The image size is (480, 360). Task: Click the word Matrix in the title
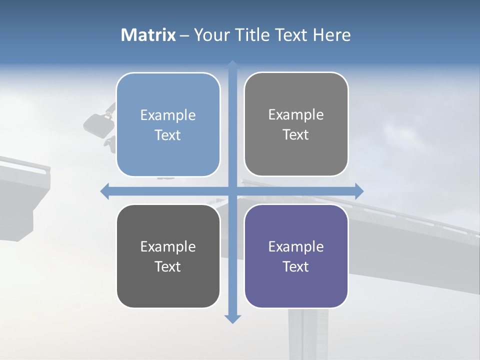coord(148,35)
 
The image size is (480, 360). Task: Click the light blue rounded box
coord(168,124)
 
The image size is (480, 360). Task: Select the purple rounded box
coord(296,256)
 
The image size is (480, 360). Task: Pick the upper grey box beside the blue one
coord(296,124)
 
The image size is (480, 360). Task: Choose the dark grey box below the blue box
coord(168,256)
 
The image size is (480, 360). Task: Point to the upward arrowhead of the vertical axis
coord(232,65)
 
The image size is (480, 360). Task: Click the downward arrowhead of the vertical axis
coord(232,318)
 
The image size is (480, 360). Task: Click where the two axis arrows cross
coord(232,191)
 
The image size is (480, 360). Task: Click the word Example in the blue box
coord(168,115)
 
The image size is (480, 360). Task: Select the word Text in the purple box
coord(296,266)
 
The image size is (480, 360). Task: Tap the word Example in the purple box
coord(296,246)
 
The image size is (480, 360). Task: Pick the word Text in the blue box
coord(168,135)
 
